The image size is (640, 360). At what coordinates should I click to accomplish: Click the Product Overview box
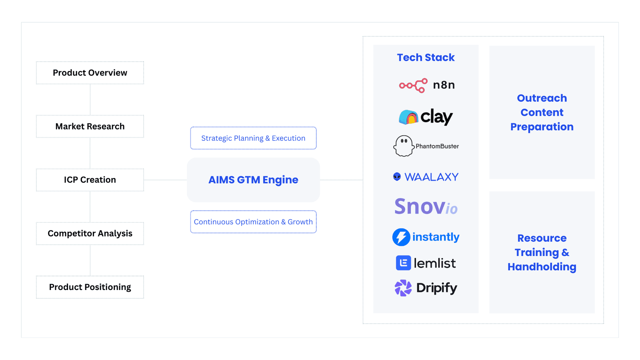90,73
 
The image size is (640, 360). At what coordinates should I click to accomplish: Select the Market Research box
90,126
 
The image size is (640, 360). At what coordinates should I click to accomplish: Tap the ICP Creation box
90,180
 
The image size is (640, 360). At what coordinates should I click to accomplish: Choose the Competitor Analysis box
90,234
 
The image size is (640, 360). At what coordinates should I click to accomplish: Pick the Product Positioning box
90,287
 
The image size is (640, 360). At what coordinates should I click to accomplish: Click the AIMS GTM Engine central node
253,180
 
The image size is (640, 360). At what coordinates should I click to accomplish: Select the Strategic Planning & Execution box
253,138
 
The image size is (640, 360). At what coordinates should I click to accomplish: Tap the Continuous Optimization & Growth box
253,222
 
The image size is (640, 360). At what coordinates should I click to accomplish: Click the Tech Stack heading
426,58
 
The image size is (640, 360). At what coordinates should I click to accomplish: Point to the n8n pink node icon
413,85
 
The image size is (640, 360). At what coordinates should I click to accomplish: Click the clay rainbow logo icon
408,117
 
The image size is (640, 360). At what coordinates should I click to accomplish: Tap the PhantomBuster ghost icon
403,146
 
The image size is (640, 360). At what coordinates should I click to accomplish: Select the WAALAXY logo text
431,177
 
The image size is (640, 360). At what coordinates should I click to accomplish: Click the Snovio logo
426,207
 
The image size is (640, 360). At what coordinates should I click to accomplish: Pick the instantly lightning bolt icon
401,237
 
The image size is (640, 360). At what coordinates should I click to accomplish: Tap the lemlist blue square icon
403,263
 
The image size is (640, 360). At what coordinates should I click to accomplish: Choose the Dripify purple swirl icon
403,288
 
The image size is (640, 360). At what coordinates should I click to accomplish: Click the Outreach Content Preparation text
542,112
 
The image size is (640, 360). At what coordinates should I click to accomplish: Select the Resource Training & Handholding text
542,252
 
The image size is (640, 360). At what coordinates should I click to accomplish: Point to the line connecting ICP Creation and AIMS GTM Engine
165,180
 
